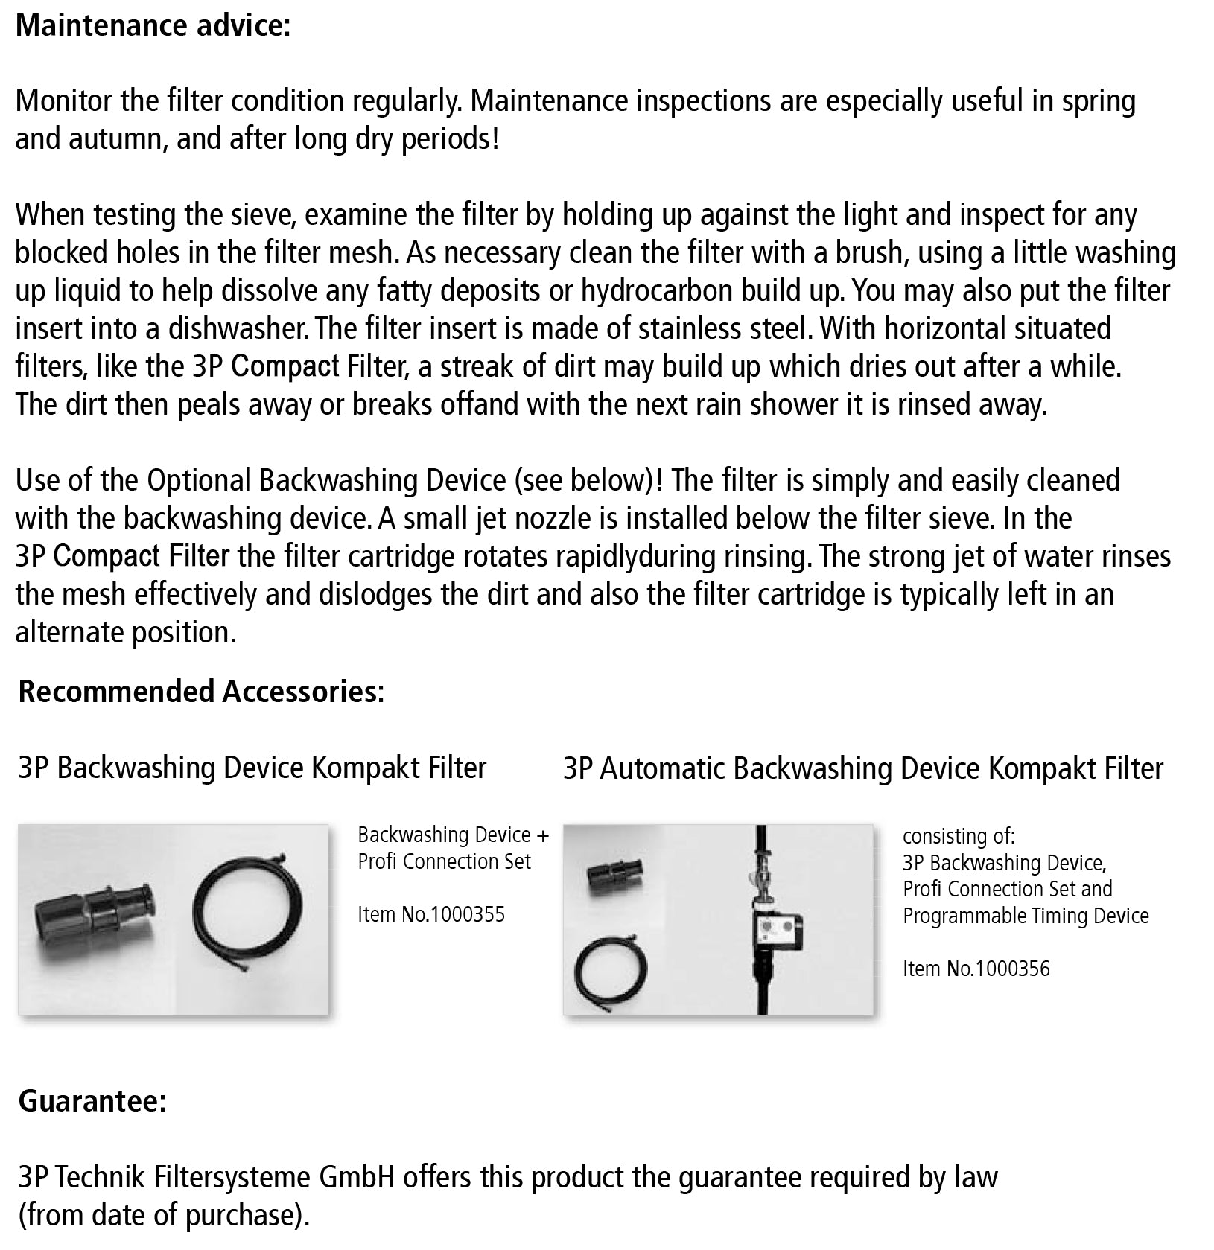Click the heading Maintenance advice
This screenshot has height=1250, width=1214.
(153, 25)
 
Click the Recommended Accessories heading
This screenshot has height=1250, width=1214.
(201, 692)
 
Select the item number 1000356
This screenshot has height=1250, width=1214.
(1011, 969)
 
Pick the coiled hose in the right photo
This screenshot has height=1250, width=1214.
(611, 970)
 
